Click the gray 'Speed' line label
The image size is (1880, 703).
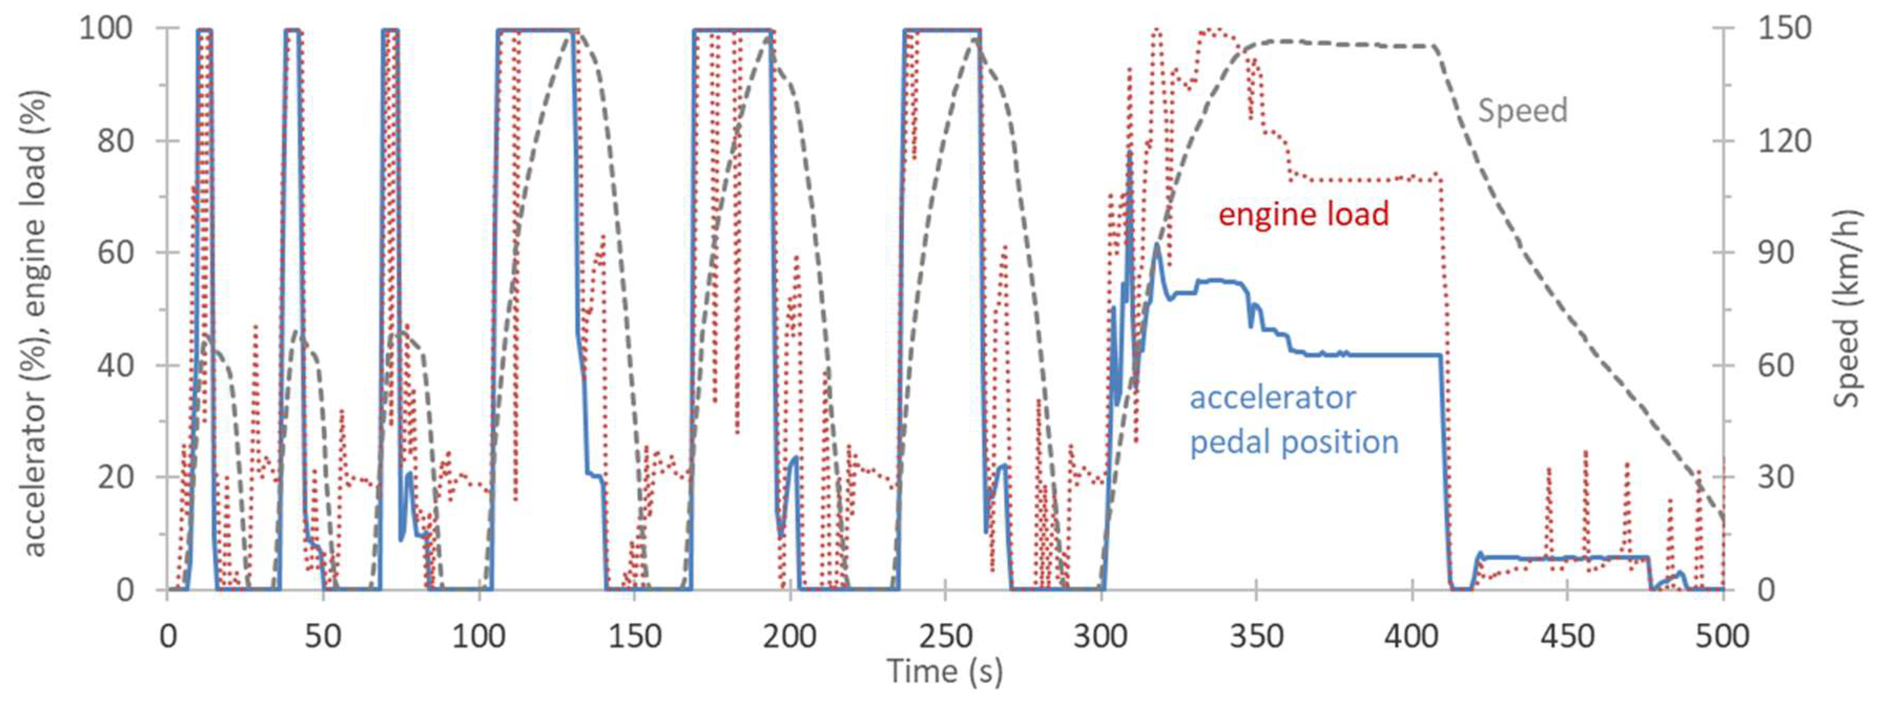tap(1522, 111)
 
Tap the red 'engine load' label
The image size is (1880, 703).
tap(1303, 215)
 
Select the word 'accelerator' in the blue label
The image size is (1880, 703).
tap(1272, 398)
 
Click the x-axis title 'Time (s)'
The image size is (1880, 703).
tap(944, 672)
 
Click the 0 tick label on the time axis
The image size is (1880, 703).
tap(168, 637)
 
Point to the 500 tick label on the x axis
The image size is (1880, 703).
tap(1722, 637)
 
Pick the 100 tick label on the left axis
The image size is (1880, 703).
tap(106, 29)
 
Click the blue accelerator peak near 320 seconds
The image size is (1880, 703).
tap(1157, 245)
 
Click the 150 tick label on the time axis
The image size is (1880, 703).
tap(633, 637)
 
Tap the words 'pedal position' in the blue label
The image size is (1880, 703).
tap(1294, 442)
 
